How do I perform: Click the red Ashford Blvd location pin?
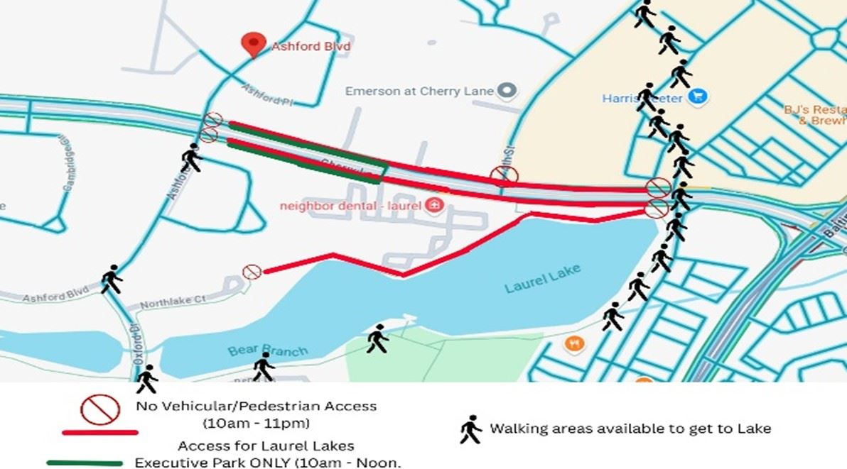click(x=252, y=43)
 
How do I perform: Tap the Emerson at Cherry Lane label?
click(x=419, y=91)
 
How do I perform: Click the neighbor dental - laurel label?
click(x=351, y=206)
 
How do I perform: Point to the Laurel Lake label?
click(x=542, y=278)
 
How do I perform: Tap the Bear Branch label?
click(x=268, y=350)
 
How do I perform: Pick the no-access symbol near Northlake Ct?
click(x=252, y=271)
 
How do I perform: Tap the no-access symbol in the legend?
click(x=99, y=409)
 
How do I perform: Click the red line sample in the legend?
click(x=99, y=431)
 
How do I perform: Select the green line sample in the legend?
click(x=85, y=463)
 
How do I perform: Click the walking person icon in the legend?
click(x=470, y=429)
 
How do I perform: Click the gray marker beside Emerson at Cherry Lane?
click(x=506, y=90)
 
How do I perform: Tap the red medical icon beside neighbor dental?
click(x=435, y=206)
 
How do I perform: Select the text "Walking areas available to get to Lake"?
click(x=630, y=429)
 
